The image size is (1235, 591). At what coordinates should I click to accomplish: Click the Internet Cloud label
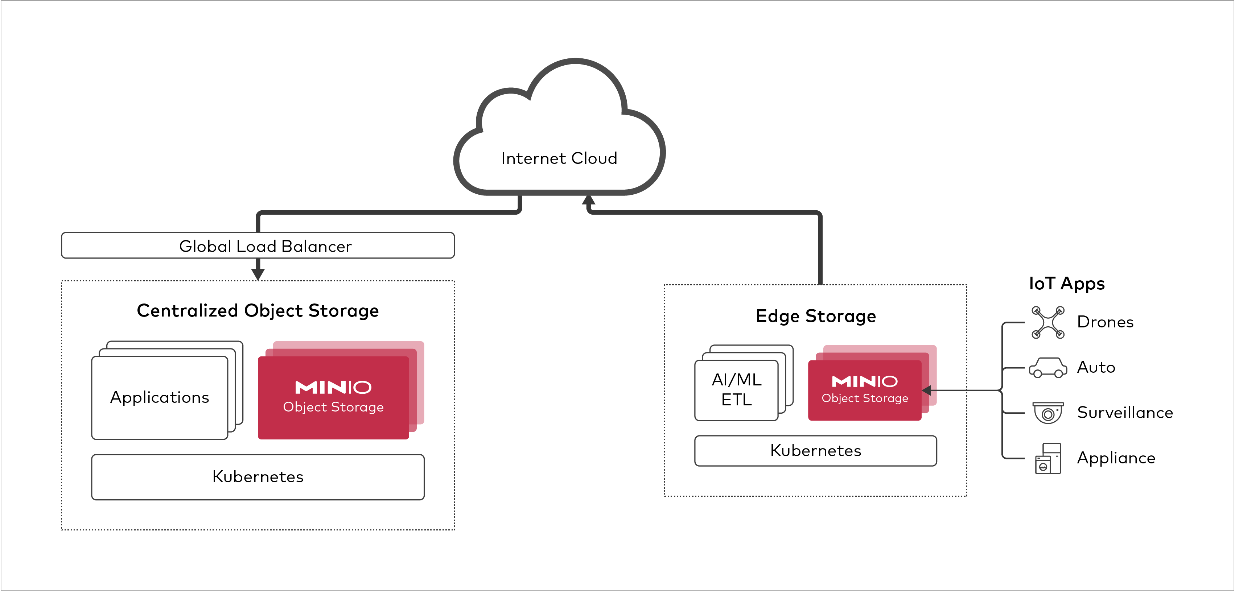559,158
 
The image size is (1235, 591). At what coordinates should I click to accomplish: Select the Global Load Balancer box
258,246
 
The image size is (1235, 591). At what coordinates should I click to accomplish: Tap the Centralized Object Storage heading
258,311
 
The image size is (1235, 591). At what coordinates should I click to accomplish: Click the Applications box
160,397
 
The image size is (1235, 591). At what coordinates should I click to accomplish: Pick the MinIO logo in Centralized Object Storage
333,387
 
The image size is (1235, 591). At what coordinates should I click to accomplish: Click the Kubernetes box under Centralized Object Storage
258,477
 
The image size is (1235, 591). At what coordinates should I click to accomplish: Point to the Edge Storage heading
815,317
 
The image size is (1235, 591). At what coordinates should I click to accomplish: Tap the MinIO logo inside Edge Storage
864,381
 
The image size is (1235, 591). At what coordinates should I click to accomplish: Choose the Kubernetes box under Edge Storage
815,451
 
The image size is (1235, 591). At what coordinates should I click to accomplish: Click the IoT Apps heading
1067,283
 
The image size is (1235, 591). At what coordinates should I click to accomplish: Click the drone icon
1048,323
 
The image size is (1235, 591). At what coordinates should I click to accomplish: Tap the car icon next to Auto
1048,368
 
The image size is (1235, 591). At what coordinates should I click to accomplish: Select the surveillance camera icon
1048,413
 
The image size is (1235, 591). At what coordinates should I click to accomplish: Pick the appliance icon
1048,458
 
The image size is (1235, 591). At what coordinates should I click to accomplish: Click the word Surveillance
1125,413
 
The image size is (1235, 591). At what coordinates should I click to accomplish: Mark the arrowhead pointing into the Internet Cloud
589,200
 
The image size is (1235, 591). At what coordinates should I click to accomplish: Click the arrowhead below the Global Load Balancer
258,274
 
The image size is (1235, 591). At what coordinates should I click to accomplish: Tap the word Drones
1105,322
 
